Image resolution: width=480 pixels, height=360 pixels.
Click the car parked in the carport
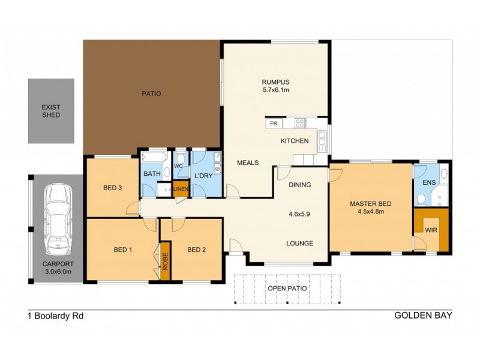click(x=58, y=217)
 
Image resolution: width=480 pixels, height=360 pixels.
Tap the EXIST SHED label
click(x=51, y=111)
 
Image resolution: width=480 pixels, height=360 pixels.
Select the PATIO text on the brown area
click(x=151, y=94)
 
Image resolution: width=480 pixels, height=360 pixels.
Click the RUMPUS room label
click(x=275, y=82)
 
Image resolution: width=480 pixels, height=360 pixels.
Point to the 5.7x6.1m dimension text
click(x=275, y=91)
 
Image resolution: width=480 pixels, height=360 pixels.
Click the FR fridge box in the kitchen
click(x=274, y=123)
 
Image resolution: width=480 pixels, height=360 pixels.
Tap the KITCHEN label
click(x=295, y=141)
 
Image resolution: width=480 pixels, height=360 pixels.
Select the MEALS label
click(x=248, y=163)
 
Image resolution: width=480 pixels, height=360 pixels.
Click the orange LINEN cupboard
click(x=181, y=189)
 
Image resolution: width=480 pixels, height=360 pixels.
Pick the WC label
click(x=178, y=166)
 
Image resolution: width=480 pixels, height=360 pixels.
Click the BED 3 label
click(x=113, y=188)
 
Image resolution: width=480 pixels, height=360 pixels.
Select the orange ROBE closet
click(x=165, y=260)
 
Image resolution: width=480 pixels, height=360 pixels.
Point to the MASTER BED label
click(x=371, y=204)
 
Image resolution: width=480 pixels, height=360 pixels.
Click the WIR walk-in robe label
click(x=431, y=229)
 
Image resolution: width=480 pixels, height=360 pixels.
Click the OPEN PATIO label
click(x=287, y=288)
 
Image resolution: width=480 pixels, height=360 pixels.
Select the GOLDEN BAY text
click(x=422, y=315)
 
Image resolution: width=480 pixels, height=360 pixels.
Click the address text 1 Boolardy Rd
click(x=55, y=315)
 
